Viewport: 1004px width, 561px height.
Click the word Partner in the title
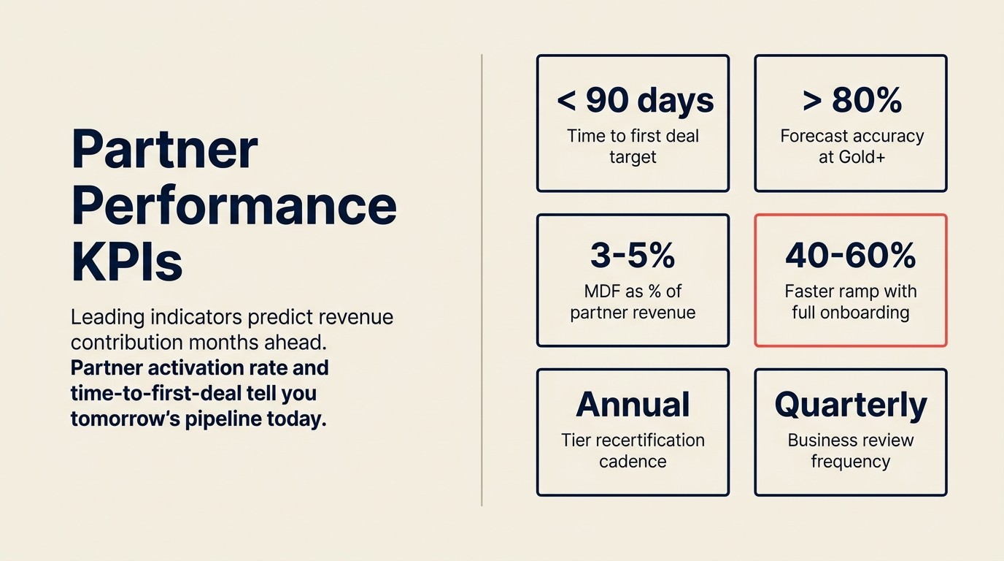164,149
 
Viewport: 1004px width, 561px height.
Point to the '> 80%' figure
852,101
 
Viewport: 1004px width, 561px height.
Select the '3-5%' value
633,256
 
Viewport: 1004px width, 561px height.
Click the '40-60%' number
850,256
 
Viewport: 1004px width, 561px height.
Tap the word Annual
633,405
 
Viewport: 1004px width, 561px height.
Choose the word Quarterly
850,405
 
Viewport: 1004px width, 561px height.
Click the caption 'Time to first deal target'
633,146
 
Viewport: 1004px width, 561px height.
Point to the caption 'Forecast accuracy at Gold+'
852,146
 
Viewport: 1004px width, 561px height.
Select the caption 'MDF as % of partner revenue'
633,302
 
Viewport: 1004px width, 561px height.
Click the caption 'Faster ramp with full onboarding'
850,302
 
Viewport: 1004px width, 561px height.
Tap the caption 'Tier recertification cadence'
633,451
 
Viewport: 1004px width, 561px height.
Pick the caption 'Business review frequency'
850,451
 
